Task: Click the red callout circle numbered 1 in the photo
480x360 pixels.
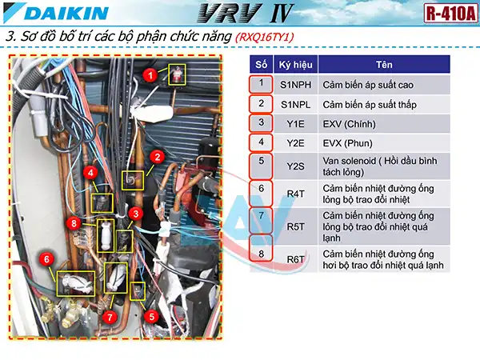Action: click(150, 73)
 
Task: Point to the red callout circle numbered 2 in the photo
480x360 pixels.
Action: click(158, 157)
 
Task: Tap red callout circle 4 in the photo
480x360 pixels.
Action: click(92, 172)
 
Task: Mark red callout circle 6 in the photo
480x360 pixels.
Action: click(47, 259)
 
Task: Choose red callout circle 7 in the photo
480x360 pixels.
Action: click(109, 316)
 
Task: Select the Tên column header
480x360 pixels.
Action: click(383, 64)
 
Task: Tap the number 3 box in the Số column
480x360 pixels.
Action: click(261, 123)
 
